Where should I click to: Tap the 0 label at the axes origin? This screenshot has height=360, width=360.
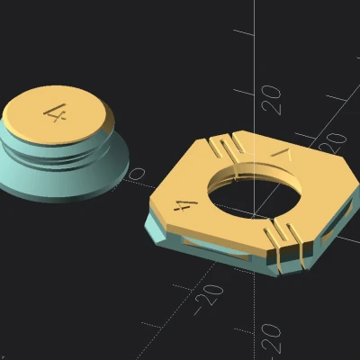(x=137, y=172)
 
